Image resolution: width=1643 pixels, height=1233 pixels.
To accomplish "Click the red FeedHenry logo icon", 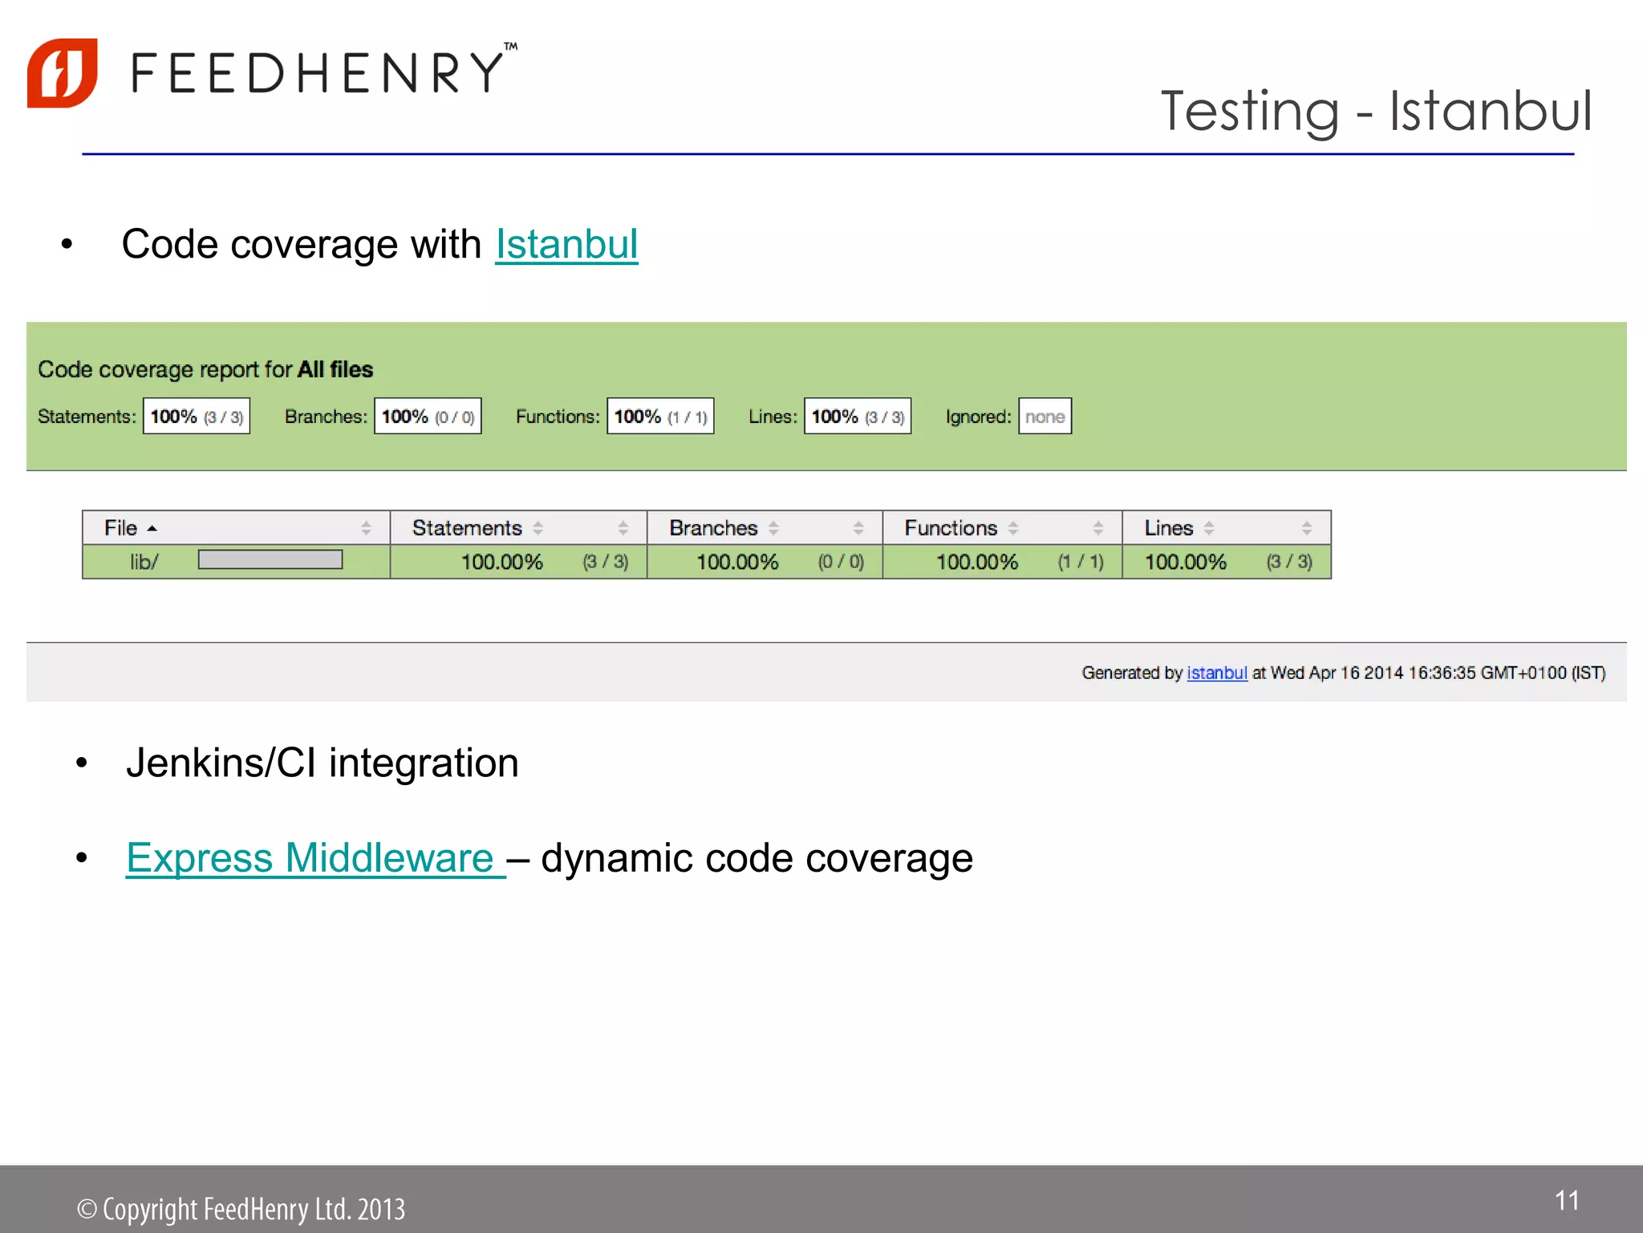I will click(x=63, y=73).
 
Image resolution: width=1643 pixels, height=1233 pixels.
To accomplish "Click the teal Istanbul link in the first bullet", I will click(x=566, y=244).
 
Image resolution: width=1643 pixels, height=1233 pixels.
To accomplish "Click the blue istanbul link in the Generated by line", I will click(x=1216, y=673).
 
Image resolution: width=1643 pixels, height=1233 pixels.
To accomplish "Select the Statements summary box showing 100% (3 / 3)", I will click(x=197, y=417).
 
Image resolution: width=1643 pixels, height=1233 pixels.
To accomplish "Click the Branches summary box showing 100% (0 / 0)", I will click(x=428, y=417).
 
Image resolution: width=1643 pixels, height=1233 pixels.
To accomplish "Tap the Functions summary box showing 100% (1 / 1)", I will click(x=660, y=417).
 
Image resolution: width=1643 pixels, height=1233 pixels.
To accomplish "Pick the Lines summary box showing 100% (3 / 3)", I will click(x=858, y=417).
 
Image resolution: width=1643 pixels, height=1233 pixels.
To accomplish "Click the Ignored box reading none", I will click(x=1045, y=417).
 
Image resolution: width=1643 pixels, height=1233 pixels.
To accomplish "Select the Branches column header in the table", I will click(x=713, y=528).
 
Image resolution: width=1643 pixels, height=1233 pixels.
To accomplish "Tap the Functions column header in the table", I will click(x=951, y=528).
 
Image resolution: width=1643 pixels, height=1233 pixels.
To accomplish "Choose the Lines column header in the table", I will click(x=1169, y=528).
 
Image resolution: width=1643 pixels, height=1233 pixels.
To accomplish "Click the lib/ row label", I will click(x=144, y=562).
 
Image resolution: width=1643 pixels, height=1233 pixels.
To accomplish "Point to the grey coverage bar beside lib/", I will click(x=270, y=560).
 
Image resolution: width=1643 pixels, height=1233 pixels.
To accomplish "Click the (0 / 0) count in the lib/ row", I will click(x=841, y=562).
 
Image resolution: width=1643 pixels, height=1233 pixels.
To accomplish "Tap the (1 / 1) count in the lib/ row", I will click(x=1081, y=562).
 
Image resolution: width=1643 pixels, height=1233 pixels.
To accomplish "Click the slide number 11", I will click(x=1567, y=1201).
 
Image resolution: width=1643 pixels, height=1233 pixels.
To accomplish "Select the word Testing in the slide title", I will click(x=1250, y=112).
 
